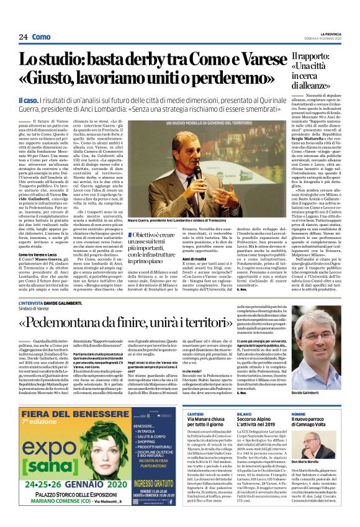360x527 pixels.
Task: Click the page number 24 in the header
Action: click(x=23, y=37)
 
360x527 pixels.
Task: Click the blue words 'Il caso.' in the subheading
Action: click(x=29, y=100)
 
